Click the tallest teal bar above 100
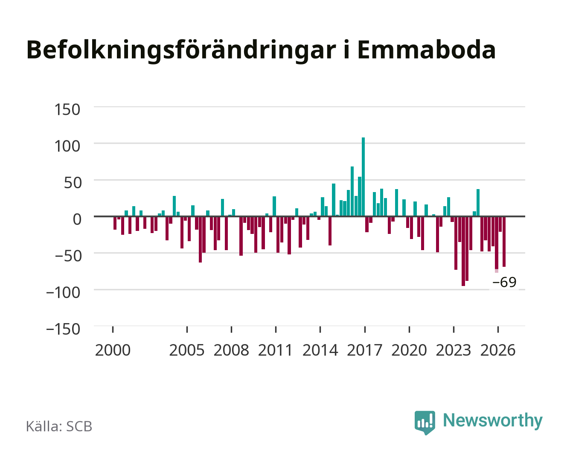click(363, 176)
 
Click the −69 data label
click(504, 282)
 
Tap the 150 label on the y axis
click(67, 110)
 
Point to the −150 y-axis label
click(63, 329)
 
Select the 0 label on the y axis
click(77, 219)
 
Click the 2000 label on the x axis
click(113, 350)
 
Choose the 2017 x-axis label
click(365, 350)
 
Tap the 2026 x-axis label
click(498, 350)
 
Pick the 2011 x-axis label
click(276, 350)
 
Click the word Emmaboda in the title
click(427, 50)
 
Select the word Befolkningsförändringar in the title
click(181, 51)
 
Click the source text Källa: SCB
click(59, 426)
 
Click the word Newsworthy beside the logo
click(493, 421)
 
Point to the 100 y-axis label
click(67, 146)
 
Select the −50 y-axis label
click(68, 256)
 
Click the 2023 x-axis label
click(454, 350)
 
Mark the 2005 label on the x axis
click(187, 350)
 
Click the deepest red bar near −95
click(463, 251)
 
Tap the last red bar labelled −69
click(504, 242)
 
